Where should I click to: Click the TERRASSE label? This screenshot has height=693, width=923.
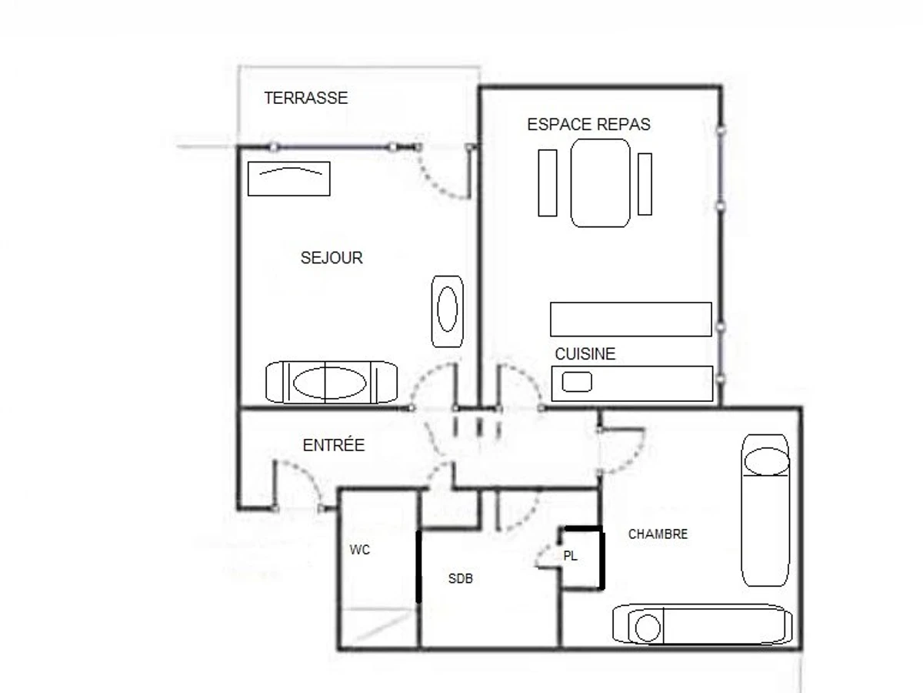(x=305, y=99)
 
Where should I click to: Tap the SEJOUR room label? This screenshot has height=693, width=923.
(x=332, y=258)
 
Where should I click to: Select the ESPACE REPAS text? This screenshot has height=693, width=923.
(x=588, y=125)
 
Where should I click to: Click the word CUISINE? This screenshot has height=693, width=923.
(x=585, y=354)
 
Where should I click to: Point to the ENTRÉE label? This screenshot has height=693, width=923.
(x=333, y=445)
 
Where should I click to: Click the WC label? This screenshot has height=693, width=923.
(x=359, y=551)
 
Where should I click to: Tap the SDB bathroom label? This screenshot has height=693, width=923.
(x=460, y=578)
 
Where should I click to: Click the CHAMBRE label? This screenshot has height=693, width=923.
(x=658, y=534)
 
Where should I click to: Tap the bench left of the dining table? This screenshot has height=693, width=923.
(x=547, y=182)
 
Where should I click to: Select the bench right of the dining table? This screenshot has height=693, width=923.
(x=645, y=184)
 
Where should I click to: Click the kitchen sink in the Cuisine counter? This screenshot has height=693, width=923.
(x=576, y=382)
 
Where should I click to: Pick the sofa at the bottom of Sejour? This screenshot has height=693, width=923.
(x=331, y=382)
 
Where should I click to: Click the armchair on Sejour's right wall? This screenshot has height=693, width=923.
(x=447, y=310)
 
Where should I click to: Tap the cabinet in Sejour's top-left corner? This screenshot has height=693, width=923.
(x=289, y=179)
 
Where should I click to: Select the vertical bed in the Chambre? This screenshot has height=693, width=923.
(x=765, y=510)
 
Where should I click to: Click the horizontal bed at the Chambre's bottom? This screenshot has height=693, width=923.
(x=701, y=624)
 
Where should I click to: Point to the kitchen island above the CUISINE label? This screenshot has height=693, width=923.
(x=631, y=320)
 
